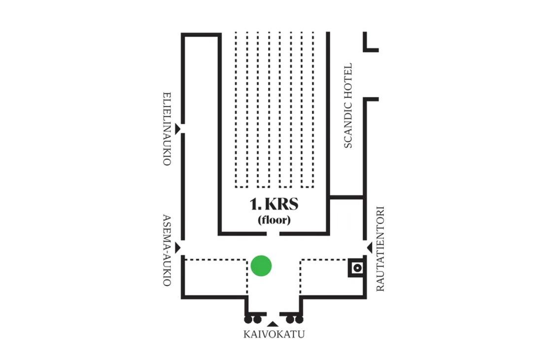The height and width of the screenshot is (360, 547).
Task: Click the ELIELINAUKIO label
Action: coord(167,128)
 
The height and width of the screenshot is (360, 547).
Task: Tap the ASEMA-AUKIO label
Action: coord(167,251)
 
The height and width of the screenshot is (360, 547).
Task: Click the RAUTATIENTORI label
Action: coord(380,249)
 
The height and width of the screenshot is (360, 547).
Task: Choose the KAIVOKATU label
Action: coord(274,334)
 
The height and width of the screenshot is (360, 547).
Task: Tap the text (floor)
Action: coord(274,220)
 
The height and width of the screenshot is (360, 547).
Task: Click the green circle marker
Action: coord(261,266)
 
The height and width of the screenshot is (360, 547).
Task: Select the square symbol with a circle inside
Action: coord(357,268)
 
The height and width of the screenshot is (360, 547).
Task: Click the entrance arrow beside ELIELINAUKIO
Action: coord(179,128)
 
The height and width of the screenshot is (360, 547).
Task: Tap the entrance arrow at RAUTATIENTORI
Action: coord(369,247)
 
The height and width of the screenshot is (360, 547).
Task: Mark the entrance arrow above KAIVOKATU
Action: coord(273,324)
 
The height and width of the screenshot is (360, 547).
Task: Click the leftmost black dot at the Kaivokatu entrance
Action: coord(248,320)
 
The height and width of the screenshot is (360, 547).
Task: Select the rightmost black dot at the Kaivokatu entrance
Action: coord(299,320)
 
